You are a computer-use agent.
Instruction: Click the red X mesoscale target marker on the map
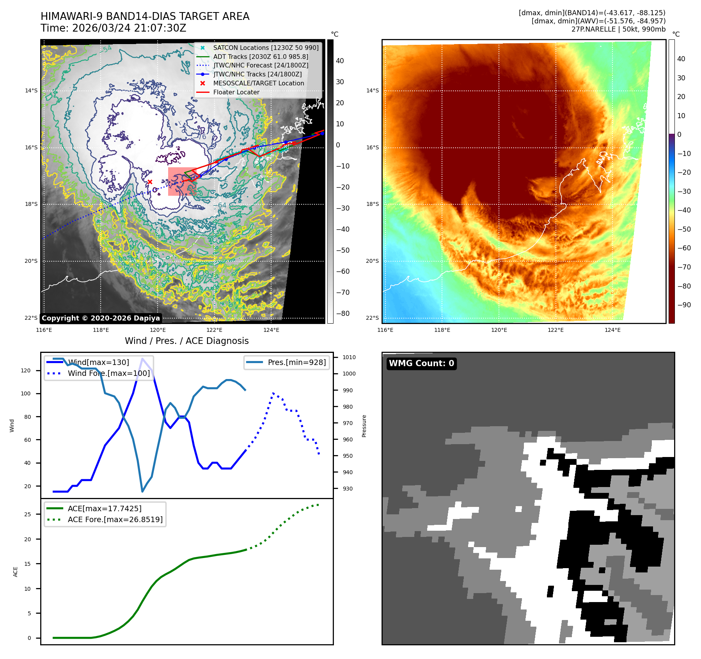point(150,182)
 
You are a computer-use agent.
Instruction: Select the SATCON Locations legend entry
point(265,48)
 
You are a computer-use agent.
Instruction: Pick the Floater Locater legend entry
point(236,92)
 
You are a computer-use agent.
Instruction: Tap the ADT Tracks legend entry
point(260,57)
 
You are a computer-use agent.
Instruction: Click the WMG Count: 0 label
point(421,363)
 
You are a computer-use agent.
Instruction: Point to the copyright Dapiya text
point(101,318)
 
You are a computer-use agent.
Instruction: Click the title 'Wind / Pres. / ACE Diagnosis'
point(186,341)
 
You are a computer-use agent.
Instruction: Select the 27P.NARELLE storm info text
point(618,29)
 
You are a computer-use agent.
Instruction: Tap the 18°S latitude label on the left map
point(31,204)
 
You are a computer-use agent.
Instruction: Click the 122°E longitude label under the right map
point(555,330)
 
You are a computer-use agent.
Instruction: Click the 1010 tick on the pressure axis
point(349,357)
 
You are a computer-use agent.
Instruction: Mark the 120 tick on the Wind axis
point(26,370)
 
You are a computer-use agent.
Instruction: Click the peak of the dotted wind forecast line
point(273,393)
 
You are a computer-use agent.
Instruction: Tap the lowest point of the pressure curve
point(142,491)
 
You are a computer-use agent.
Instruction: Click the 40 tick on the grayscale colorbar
point(340,61)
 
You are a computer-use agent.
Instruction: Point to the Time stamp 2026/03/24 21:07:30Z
point(113,28)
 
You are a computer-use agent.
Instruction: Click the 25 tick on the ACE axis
point(27,514)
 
